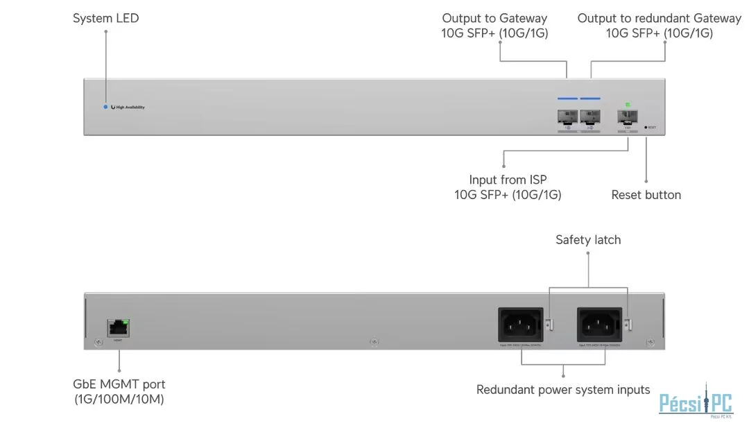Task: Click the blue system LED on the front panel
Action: coord(105,107)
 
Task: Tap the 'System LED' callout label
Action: coord(105,19)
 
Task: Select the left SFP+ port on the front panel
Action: coord(567,117)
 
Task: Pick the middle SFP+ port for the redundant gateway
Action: coord(590,117)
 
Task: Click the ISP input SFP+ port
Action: coord(628,117)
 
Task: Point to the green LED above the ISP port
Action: coord(628,105)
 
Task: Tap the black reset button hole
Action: coord(645,128)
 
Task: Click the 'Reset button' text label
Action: coord(646,195)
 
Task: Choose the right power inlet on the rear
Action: coord(600,323)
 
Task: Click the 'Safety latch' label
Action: coord(588,240)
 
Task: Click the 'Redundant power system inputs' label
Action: coord(563,390)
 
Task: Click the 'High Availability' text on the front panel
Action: coord(130,108)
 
